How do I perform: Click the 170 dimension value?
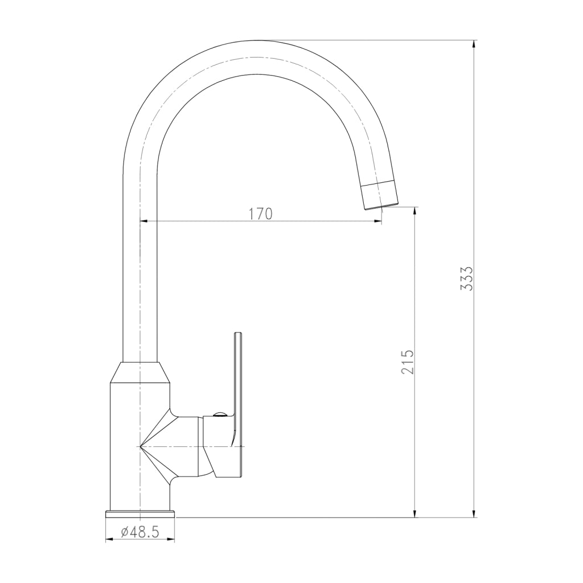point(260,214)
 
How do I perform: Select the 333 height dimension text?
point(466,278)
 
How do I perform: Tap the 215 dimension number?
point(408,362)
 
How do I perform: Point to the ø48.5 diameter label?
point(140,532)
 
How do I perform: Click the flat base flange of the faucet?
point(140,514)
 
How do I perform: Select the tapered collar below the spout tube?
point(140,372)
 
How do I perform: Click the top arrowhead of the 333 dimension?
point(473,44)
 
